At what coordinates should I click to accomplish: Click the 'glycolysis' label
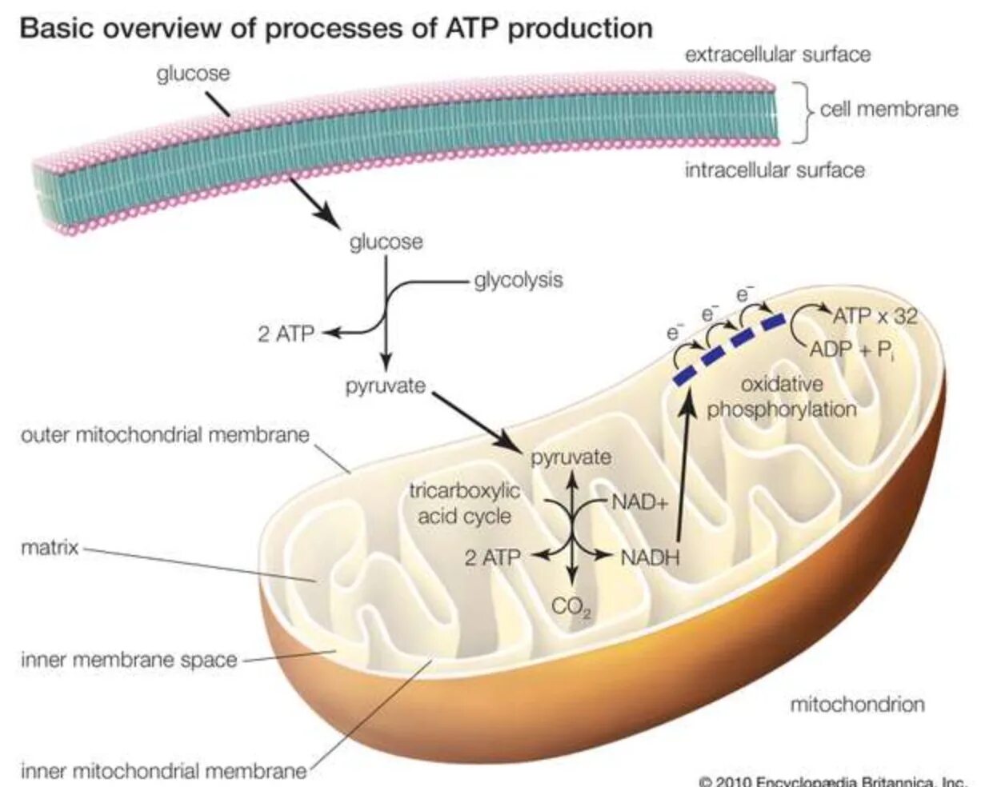tap(518, 281)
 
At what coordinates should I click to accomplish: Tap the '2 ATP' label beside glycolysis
tap(286, 334)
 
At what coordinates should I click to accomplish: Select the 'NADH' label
tap(649, 557)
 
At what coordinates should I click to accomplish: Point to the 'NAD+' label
tap(639, 502)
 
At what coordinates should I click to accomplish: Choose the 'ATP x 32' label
tap(875, 317)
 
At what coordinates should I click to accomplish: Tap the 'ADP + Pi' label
tap(851, 350)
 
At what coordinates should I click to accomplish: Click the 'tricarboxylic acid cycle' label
tap(464, 504)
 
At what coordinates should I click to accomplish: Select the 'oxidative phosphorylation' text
tap(781, 397)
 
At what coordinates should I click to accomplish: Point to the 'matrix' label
tap(50, 549)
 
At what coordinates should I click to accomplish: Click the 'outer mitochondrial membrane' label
tap(164, 436)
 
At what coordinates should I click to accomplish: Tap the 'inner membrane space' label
tap(129, 661)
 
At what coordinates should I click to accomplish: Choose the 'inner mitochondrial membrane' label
tap(163, 772)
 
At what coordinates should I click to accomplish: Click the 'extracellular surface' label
tap(777, 54)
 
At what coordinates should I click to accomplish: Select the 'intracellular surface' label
tap(774, 170)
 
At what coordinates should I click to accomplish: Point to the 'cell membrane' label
tap(888, 109)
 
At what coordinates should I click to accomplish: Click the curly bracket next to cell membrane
tap(803, 111)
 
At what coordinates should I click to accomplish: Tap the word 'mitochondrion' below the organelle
tap(857, 705)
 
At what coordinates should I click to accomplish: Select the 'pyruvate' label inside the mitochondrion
tap(571, 458)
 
